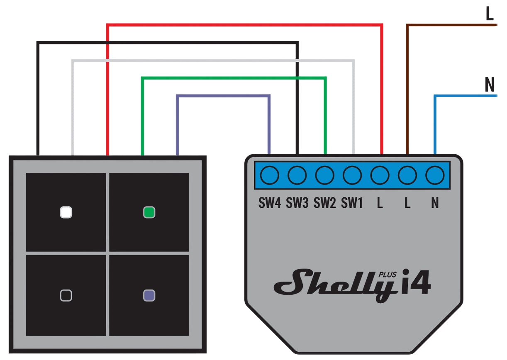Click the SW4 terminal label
point(270,204)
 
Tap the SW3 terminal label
point(297,204)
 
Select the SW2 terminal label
point(324,204)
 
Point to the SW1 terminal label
point(352,204)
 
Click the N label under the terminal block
point(435,204)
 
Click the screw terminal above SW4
point(270,175)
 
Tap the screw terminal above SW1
point(352,175)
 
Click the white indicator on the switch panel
point(66,212)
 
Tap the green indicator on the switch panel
point(149,213)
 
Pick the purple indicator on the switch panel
point(149,295)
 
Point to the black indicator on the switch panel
point(66,295)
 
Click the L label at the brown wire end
point(490,15)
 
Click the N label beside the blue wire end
point(490,85)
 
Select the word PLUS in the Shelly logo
point(388,274)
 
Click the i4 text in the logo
point(416,285)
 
